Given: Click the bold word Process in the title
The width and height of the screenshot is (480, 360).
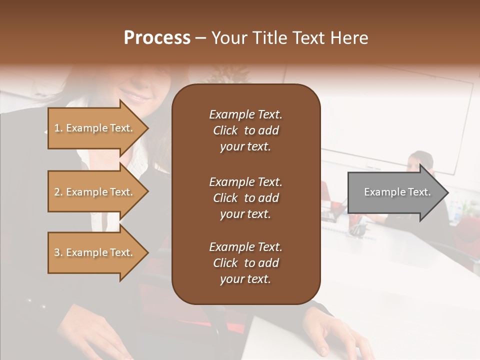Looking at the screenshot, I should (157, 38).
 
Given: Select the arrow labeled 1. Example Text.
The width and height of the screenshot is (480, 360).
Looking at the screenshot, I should (95, 128).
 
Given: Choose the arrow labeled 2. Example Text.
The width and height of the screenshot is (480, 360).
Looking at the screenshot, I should (95, 192).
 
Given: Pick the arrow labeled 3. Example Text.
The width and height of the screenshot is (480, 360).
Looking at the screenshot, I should (95, 252).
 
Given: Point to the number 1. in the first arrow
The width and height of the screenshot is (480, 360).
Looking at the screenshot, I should (58, 128).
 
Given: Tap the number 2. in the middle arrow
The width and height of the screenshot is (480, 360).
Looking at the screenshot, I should (58, 192).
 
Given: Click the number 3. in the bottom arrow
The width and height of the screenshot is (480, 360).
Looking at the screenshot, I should (58, 252).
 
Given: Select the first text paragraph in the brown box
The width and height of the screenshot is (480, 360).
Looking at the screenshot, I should (245, 130).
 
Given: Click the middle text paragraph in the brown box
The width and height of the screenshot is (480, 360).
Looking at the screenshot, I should (245, 198).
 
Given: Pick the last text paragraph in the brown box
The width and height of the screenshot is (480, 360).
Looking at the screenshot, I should (245, 263).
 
